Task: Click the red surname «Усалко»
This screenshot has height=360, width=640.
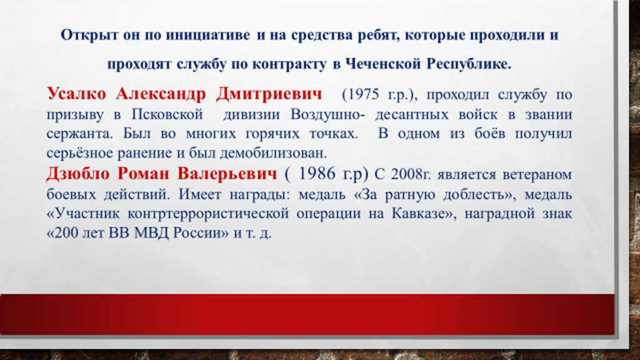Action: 76,94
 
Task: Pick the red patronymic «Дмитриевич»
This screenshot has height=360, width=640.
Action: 269,94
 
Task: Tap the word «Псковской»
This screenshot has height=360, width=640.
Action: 167,114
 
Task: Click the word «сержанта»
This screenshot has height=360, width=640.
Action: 78,134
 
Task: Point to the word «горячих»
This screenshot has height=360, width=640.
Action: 274,134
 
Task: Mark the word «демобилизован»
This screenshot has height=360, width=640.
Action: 273,154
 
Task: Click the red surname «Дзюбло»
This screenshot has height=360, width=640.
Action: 78,174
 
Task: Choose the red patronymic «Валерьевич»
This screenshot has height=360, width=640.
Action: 227,174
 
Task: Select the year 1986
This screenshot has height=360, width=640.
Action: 317,174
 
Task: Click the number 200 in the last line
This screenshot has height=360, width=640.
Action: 65,233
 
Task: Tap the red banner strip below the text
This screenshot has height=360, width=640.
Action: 307,315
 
